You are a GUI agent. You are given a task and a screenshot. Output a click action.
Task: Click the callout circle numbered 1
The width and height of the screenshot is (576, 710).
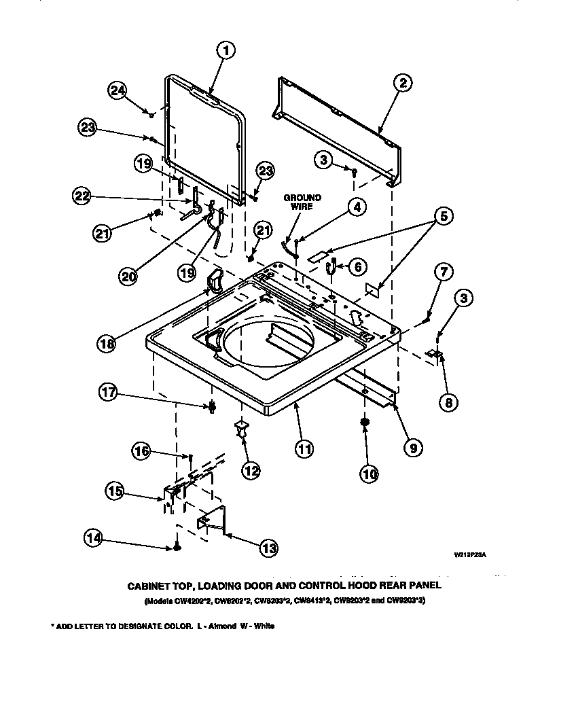pyautogui.click(x=227, y=50)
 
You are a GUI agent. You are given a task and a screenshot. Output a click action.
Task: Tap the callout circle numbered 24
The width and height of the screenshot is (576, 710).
pyautogui.click(x=118, y=90)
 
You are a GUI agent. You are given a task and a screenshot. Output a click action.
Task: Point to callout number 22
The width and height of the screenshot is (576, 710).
pyautogui.click(x=82, y=196)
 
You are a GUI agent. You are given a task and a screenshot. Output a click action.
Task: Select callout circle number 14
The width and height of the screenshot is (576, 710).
pyautogui.click(x=94, y=538)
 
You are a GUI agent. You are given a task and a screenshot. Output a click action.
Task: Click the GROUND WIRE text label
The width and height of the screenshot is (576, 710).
pyautogui.click(x=302, y=202)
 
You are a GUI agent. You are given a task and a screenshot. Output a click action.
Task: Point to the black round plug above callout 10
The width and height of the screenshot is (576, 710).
pyautogui.click(x=365, y=423)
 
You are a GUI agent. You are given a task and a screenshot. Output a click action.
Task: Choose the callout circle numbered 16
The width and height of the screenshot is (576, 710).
pyautogui.click(x=141, y=450)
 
